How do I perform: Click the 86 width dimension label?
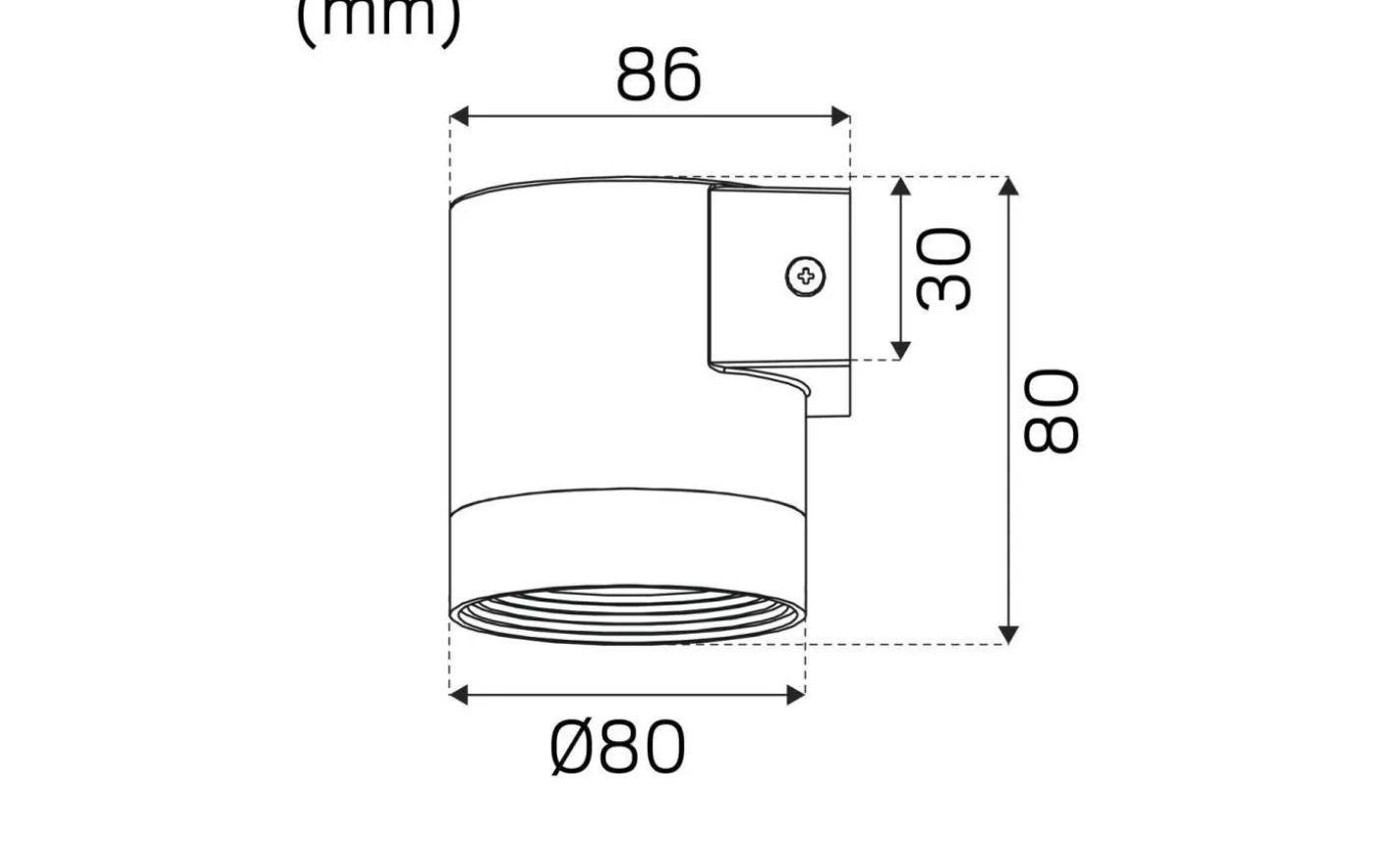click(659, 75)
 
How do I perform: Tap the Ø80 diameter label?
click(617, 748)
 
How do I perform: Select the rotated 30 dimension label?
click(944, 268)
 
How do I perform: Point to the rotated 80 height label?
click(1052, 410)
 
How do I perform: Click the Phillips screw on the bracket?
click(806, 276)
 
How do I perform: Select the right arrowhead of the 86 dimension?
click(839, 117)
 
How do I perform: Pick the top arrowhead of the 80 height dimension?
click(1007, 189)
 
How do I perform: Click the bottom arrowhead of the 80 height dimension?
click(1007, 633)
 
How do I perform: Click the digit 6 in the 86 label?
click(680, 75)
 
